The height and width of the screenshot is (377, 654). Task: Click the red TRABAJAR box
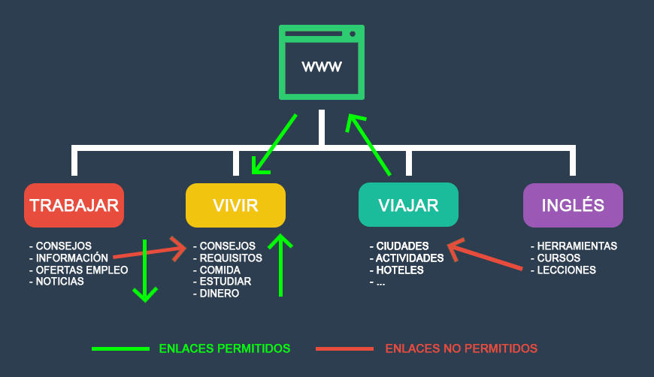74,205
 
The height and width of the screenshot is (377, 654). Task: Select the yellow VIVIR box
235,205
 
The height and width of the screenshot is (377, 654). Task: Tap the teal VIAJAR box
408,205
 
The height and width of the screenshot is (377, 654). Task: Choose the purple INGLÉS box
573,205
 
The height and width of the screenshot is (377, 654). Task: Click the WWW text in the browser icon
322,67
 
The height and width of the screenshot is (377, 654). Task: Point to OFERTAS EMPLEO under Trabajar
82,270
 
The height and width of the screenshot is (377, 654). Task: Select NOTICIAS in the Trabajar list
60,282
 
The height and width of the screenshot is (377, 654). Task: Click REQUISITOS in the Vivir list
231,258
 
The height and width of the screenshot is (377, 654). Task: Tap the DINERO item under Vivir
220,294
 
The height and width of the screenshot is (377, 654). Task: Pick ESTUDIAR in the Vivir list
226,282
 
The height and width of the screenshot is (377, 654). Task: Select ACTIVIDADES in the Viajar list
410,258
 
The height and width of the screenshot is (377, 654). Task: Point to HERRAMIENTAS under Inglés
577,246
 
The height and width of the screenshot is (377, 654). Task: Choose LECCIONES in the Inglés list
566,270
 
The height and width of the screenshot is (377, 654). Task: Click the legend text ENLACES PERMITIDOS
225,348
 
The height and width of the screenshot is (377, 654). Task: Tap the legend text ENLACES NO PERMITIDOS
461,348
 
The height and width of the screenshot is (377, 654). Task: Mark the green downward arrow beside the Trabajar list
144,270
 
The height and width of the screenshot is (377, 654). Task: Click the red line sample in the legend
344,348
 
